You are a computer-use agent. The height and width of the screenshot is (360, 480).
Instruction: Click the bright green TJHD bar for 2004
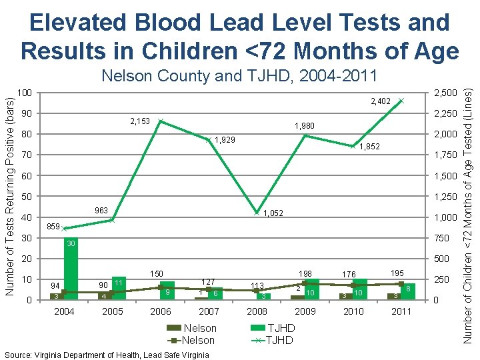click(71, 268)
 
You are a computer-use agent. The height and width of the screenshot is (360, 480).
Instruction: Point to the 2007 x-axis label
click(209, 311)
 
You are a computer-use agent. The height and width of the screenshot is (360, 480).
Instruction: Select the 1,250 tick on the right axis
click(447, 197)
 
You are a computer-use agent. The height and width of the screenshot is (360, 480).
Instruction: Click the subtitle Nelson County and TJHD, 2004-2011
click(239, 75)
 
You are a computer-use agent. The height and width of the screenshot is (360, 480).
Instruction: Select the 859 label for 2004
click(54, 227)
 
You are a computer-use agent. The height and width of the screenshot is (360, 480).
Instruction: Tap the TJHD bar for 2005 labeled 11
click(119, 287)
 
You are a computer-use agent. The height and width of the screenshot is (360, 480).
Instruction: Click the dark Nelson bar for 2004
click(57, 296)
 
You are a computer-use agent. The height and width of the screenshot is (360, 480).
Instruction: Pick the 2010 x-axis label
click(353, 311)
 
